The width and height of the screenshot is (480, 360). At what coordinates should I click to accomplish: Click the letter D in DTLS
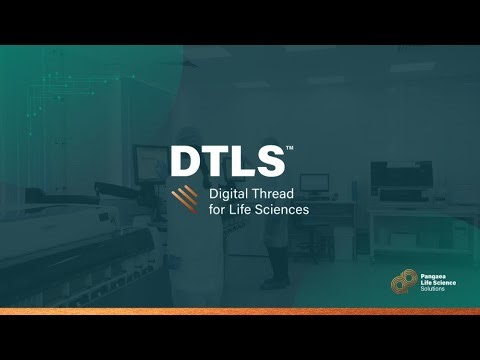[186, 162]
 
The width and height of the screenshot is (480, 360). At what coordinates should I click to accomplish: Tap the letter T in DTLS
[215, 162]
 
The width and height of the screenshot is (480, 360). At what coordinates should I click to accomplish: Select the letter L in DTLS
[241, 162]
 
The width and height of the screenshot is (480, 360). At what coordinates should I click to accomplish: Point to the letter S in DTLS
[268, 162]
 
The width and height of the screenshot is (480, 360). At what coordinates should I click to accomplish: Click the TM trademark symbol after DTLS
[290, 149]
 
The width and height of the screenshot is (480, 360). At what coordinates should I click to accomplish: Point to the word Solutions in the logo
[433, 293]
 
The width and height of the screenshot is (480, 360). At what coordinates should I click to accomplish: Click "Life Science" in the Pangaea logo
[438, 285]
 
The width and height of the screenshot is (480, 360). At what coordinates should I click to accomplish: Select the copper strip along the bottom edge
[240, 311]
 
